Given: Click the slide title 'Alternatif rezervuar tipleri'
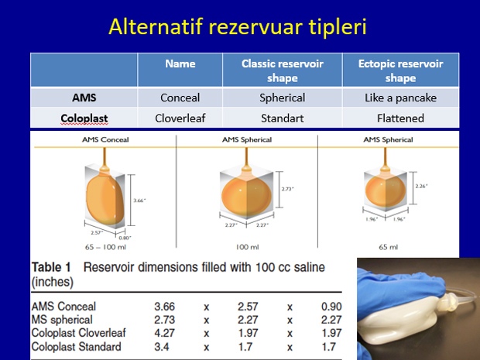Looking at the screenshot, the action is [x=238, y=26].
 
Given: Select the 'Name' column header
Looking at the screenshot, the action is [x=180, y=63].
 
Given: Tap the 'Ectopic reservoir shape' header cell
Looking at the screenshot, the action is [x=400, y=70].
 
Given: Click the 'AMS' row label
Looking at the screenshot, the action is [x=84, y=98].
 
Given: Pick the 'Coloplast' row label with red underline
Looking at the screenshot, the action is [x=84, y=118].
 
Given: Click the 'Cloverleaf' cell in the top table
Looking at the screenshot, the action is [x=180, y=118].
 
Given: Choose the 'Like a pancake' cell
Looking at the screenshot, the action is [x=400, y=98].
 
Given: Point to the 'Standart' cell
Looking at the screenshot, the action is [x=283, y=118].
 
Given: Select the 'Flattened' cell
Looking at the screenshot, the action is [x=400, y=118].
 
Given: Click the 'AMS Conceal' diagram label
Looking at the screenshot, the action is [x=105, y=139].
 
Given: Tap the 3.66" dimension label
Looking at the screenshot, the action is [x=139, y=201].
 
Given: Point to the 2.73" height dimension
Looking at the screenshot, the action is [x=287, y=189].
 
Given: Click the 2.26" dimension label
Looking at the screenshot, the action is [x=421, y=186].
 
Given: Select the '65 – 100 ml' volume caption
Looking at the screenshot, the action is [x=105, y=247].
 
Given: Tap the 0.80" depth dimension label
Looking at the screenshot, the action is [x=125, y=238].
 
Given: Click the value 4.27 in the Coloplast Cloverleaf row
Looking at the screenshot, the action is [x=164, y=333].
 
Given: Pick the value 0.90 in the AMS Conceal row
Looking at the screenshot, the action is [x=331, y=307].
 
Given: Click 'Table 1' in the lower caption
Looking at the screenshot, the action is [x=51, y=267].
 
